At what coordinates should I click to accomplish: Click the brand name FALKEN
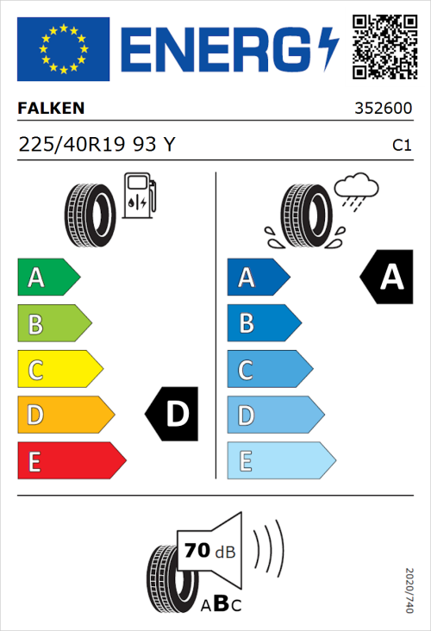click(x=52, y=109)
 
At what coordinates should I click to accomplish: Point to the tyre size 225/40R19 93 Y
click(x=97, y=146)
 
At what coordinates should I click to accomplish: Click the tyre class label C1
click(x=401, y=146)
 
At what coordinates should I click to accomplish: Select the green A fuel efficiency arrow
click(x=47, y=278)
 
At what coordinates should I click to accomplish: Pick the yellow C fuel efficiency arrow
click(x=59, y=369)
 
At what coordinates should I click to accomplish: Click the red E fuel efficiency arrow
click(x=70, y=461)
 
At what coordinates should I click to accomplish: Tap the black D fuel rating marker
click(x=173, y=415)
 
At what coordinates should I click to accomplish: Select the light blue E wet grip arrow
click(x=279, y=461)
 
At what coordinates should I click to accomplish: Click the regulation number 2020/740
click(x=409, y=591)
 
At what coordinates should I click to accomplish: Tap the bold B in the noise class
click(x=220, y=603)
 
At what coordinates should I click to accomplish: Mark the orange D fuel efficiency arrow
click(x=65, y=415)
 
